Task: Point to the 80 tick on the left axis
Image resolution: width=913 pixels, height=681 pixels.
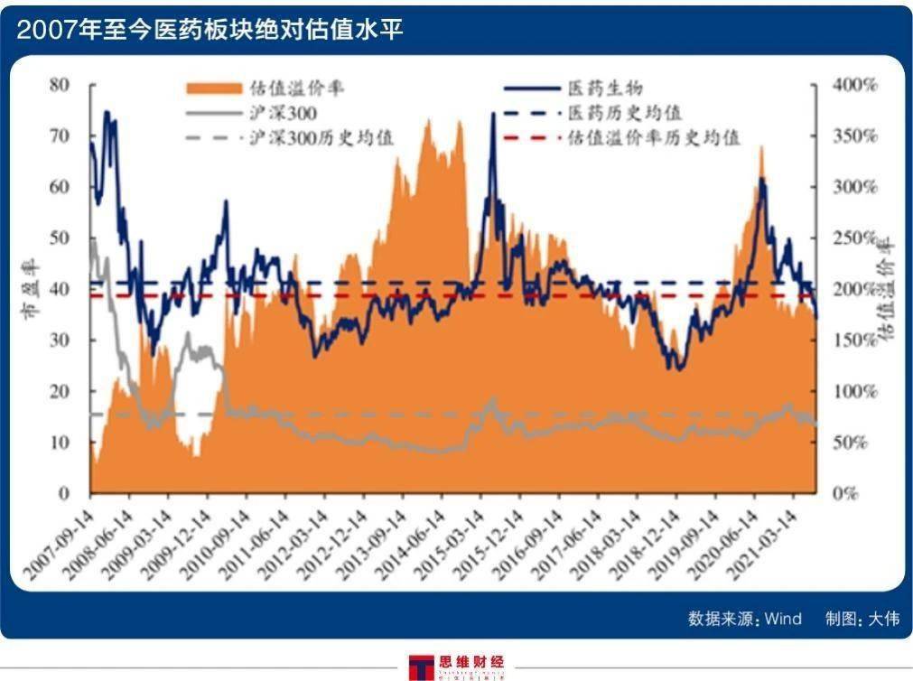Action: pyautogui.click(x=59, y=85)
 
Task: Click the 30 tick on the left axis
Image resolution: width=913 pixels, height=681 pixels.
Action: pyautogui.click(x=59, y=340)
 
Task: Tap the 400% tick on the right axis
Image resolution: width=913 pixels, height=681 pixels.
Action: pyautogui.click(x=853, y=85)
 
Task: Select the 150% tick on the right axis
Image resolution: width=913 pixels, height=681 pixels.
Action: pyautogui.click(x=853, y=340)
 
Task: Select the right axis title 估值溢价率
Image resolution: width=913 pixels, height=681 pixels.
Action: pyautogui.click(x=888, y=289)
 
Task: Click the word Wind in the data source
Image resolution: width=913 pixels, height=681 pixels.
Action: pyautogui.click(x=783, y=619)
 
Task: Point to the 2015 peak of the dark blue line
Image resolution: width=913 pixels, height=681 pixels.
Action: pyautogui.click(x=493, y=114)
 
